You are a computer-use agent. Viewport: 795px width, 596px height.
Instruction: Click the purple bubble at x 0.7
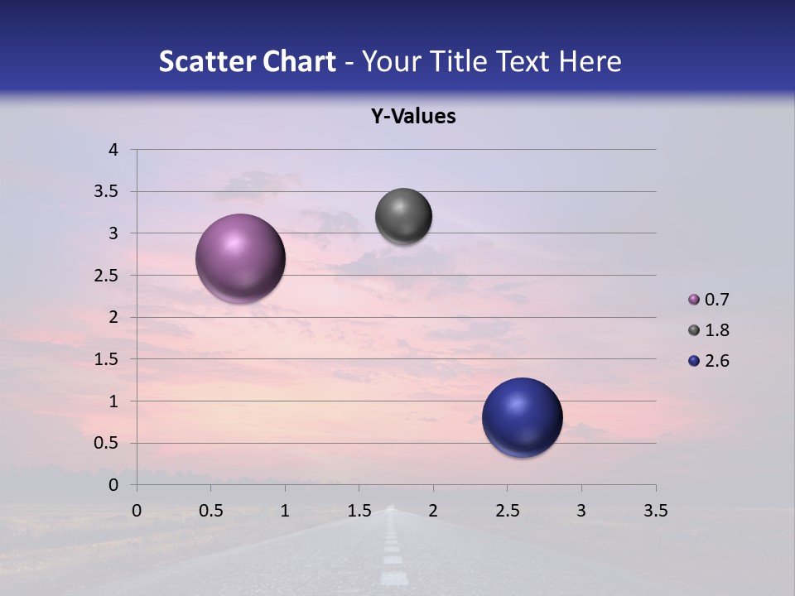click(x=241, y=258)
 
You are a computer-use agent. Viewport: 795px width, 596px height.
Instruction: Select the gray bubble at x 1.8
click(x=403, y=217)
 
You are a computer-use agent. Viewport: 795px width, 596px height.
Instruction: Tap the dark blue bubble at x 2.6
click(x=522, y=417)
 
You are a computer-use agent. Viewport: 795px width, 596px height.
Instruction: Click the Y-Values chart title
click(x=412, y=117)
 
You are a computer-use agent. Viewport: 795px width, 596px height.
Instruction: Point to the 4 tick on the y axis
click(x=114, y=150)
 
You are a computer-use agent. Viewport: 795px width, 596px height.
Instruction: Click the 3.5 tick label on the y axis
click(x=107, y=192)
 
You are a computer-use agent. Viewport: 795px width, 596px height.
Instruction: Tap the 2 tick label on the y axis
click(x=114, y=317)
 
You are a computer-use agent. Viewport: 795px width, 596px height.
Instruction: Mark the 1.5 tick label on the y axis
click(x=107, y=359)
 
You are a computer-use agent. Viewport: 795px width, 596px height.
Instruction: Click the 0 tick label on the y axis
click(x=114, y=485)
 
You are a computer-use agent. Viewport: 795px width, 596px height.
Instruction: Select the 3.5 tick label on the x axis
click(x=655, y=511)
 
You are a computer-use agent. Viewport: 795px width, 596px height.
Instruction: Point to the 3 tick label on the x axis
click(x=581, y=511)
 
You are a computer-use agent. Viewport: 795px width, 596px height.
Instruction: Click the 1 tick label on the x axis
click(x=285, y=511)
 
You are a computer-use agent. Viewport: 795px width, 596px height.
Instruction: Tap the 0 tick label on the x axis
click(x=137, y=511)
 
